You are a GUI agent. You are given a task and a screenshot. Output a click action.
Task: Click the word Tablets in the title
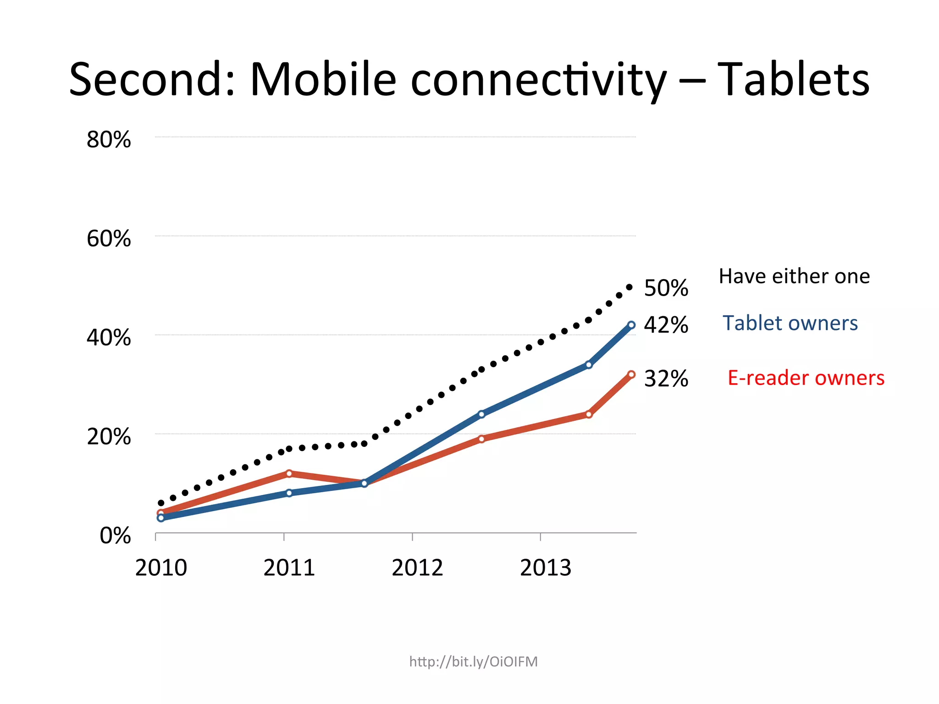click(x=793, y=80)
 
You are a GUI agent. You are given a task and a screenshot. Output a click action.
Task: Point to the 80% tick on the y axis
click(x=109, y=139)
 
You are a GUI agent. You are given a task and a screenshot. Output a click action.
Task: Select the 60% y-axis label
click(x=109, y=239)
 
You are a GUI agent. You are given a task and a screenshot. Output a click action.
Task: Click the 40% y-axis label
click(x=109, y=338)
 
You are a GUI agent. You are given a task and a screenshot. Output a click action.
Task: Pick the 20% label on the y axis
click(x=109, y=437)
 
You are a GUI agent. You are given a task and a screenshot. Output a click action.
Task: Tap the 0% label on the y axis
click(x=115, y=536)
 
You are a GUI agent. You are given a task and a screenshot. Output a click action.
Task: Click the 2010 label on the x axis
click(x=161, y=568)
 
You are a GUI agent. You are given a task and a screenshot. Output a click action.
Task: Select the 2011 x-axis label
click(x=289, y=568)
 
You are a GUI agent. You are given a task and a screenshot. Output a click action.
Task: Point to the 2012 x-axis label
click(x=417, y=568)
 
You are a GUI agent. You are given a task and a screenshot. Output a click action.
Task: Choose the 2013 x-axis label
click(x=546, y=568)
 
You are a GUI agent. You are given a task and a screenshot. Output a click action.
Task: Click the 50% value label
click(x=666, y=288)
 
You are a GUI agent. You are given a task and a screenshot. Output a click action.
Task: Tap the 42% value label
click(x=666, y=325)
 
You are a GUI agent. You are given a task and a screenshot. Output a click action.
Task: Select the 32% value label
click(x=666, y=379)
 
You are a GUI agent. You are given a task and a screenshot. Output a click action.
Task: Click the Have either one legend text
click(x=794, y=276)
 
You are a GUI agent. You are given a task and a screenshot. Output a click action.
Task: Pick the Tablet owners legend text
click(x=790, y=323)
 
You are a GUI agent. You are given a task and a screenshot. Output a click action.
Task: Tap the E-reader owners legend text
click(x=806, y=378)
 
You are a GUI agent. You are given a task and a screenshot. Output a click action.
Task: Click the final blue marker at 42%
click(x=631, y=325)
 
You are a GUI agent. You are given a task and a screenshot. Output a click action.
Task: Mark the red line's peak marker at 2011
click(x=289, y=473)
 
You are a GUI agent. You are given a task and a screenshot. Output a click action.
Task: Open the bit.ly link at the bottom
click(x=473, y=662)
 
